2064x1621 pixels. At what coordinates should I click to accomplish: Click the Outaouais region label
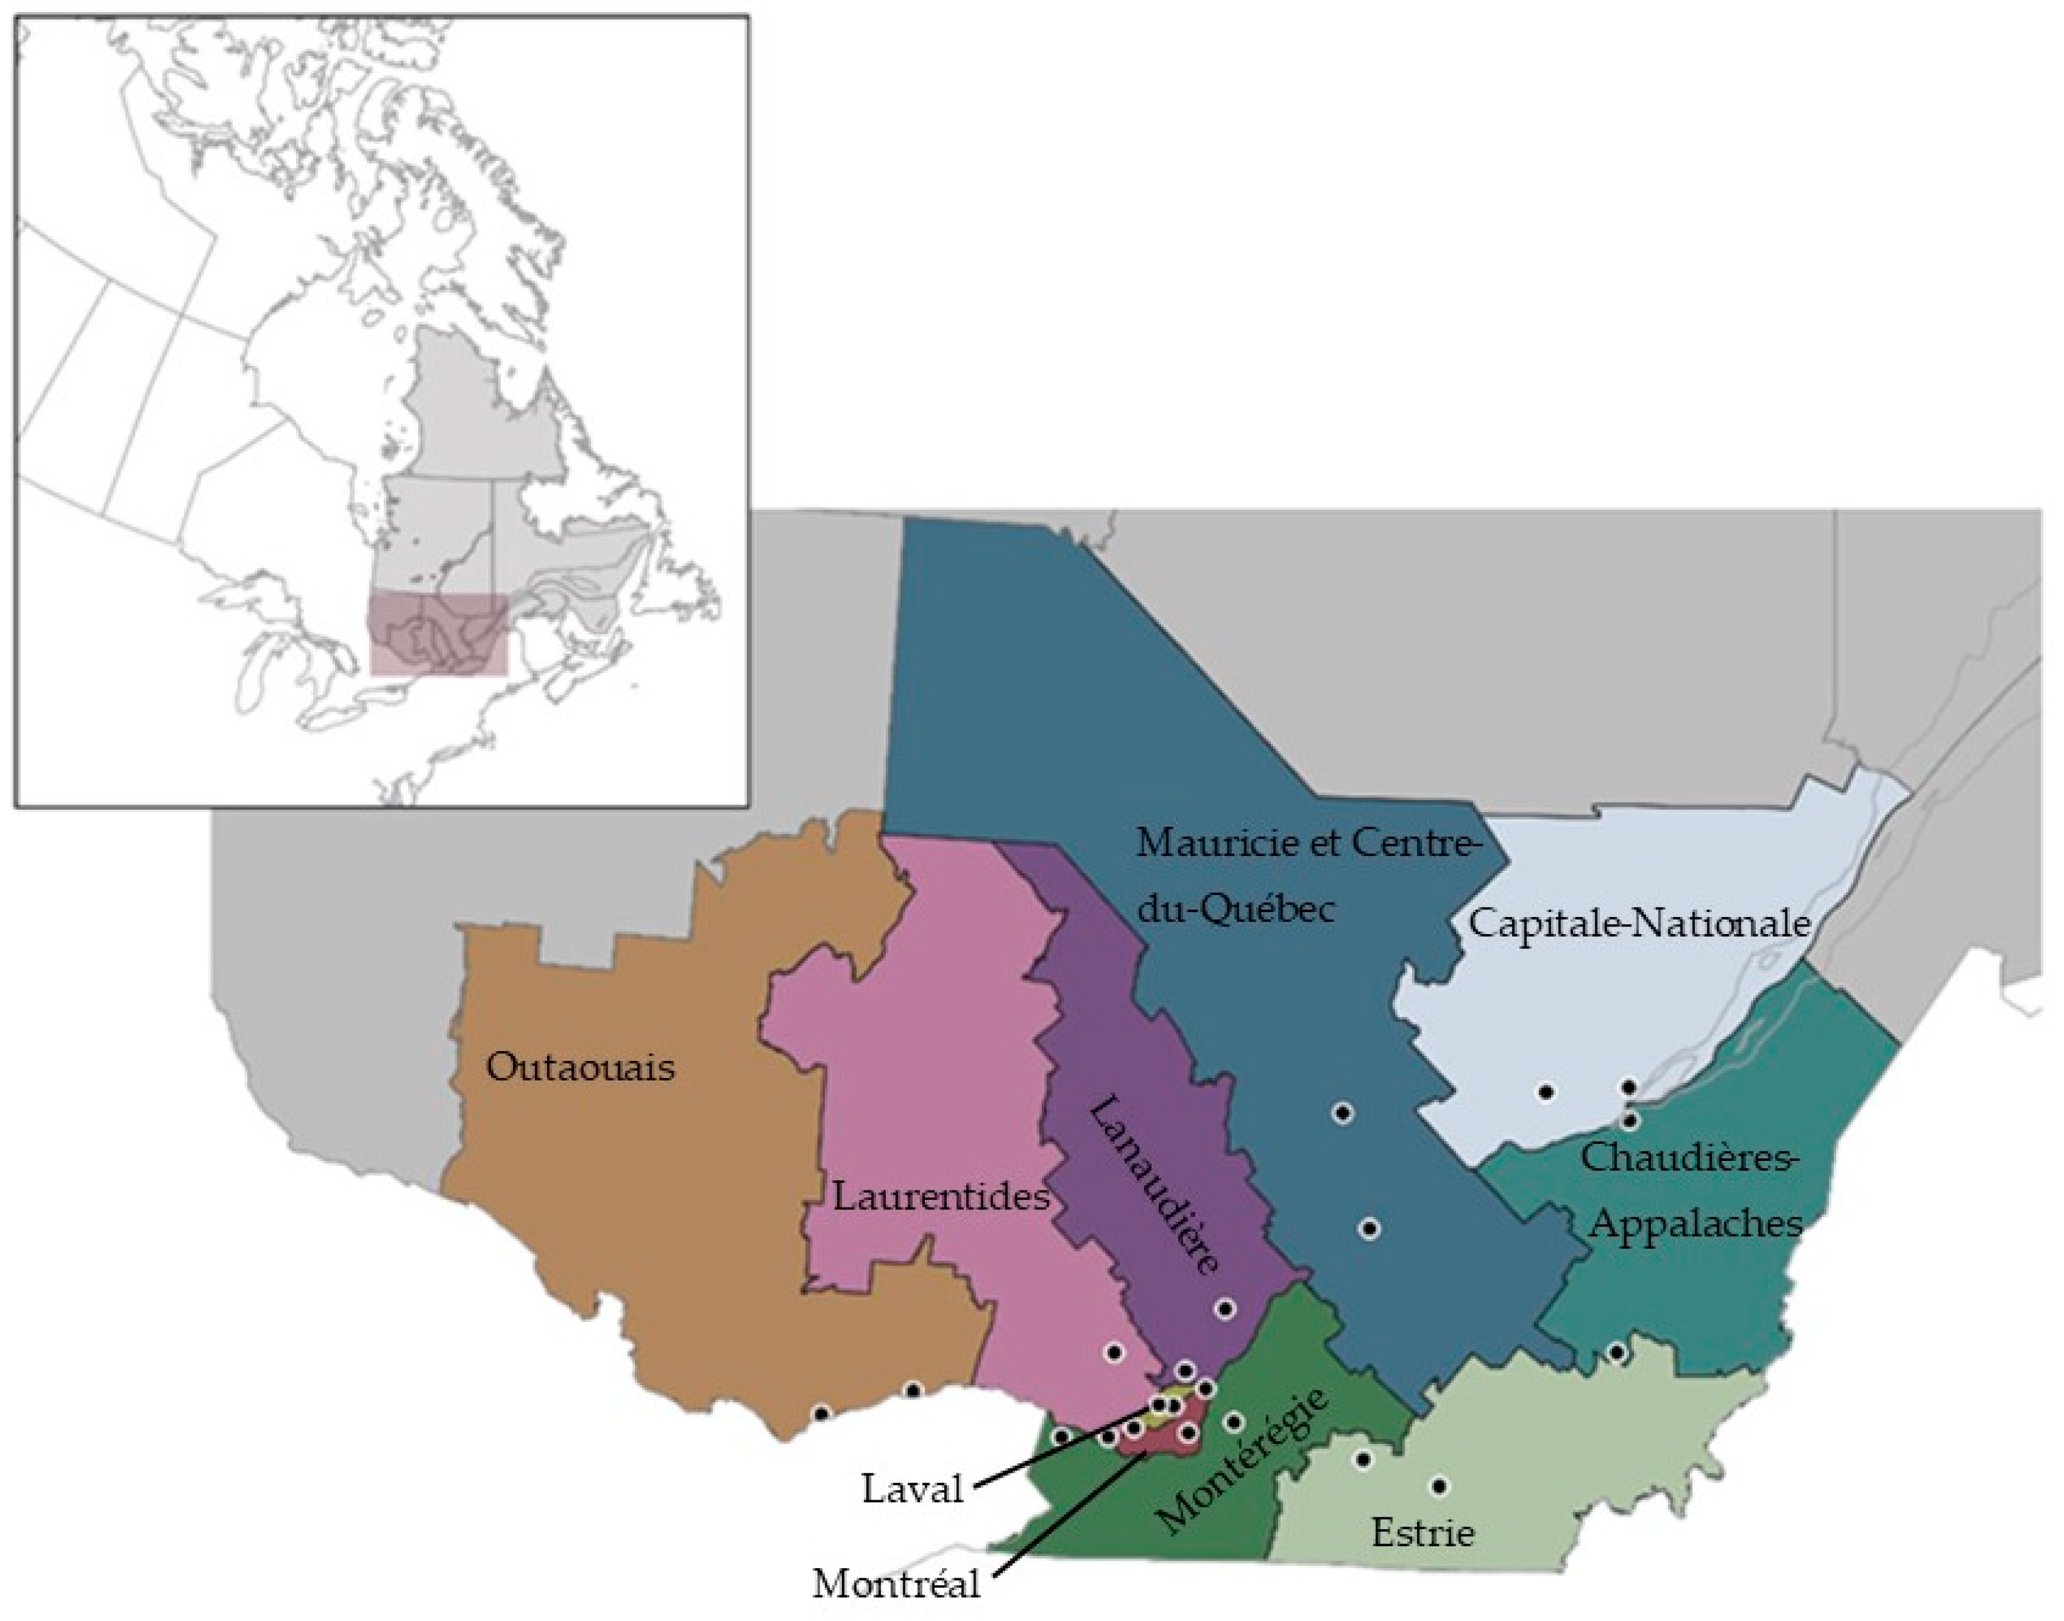click(580, 1068)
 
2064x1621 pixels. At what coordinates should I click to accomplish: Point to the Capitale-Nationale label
click(1640, 923)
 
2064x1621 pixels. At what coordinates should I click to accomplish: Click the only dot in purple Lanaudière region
click(1226, 1310)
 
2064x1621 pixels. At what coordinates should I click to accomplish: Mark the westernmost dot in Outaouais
click(822, 1414)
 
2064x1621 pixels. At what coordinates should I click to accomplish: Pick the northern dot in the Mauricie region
click(1342, 1113)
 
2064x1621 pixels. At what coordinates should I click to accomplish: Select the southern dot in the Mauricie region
click(1369, 1229)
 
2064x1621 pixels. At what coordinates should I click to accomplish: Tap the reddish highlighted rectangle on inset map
click(439, 634)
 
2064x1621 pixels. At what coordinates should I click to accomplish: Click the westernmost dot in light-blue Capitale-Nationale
click(1547, 1092)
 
